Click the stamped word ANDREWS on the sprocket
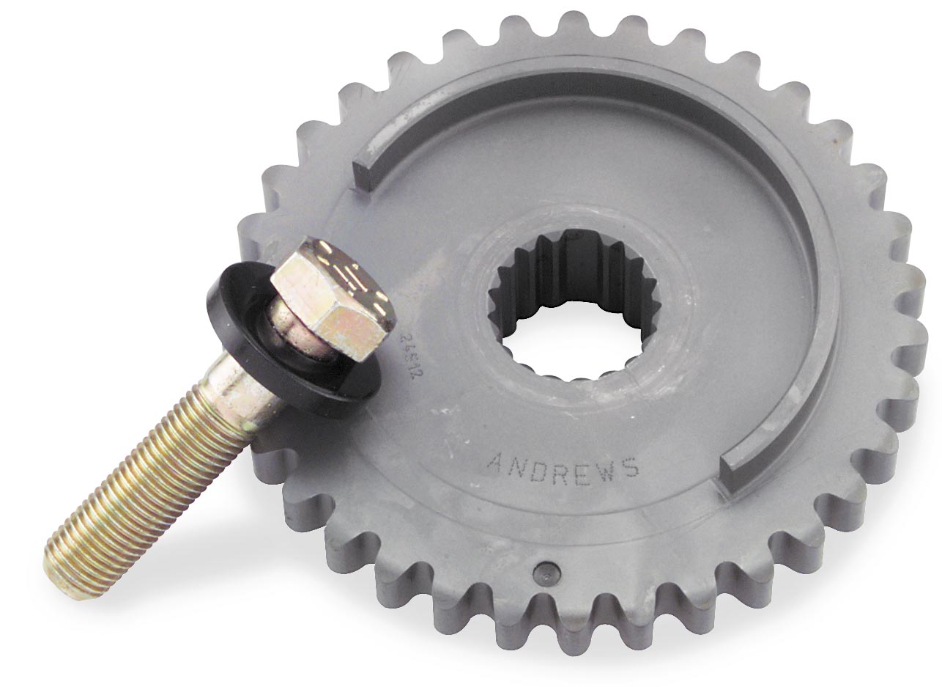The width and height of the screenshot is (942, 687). point(563,465)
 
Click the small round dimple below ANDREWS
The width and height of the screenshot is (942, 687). point(544,570)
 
